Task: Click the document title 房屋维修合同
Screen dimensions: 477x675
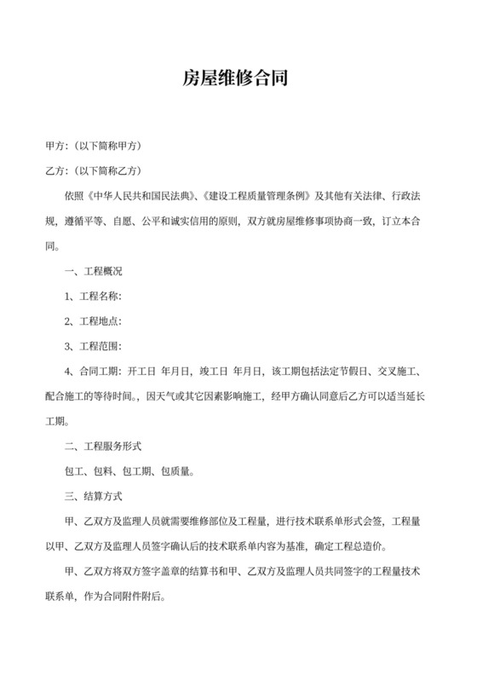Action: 238,79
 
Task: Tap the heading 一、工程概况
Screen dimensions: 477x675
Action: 94,272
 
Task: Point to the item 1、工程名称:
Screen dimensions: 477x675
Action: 95,297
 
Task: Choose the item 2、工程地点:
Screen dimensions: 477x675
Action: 95,321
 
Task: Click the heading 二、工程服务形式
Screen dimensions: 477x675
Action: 102,445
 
